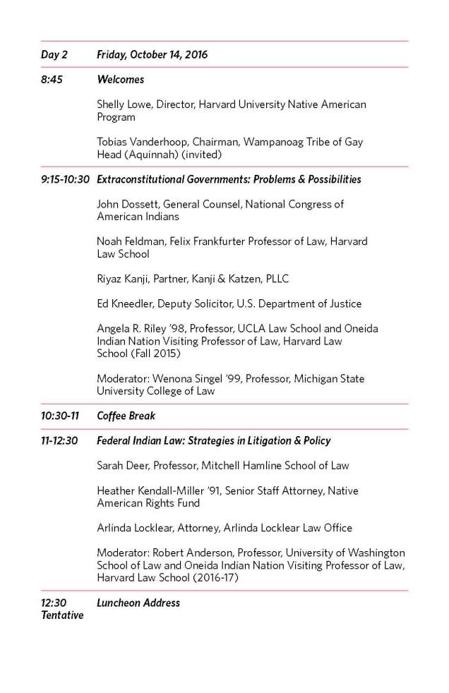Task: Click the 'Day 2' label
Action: pyautogui.click(x=54, y=54)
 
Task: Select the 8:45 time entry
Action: pyautogui.click(x=52, y=80)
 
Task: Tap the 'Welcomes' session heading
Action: pyautogui.click(x=120, y=80)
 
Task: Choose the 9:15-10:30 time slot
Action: pyautogui.click(x=65, y=179)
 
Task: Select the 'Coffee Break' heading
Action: pyautogui.click(x=126, y=416)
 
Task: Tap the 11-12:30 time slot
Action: pyautogui.click(x=59, y=440)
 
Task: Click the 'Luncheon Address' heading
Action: pyautogui.click(x=138, y=603)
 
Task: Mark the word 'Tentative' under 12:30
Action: pyautogui.click(x=62, y=615)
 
